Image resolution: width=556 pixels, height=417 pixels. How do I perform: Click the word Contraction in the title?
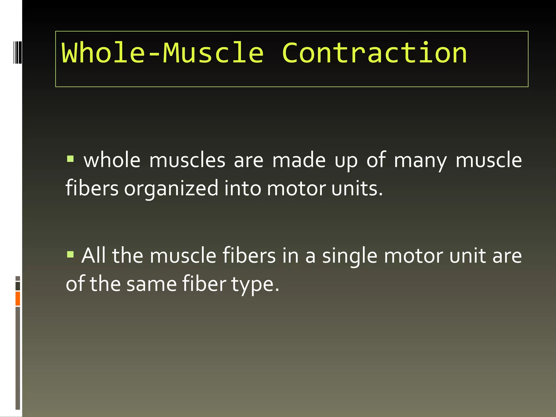374,53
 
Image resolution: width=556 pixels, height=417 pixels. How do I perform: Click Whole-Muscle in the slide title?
163,53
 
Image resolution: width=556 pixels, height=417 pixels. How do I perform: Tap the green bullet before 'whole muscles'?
70,159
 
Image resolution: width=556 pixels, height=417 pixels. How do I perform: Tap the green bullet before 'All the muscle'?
70,254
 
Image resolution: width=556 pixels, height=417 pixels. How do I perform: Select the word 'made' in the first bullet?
299,160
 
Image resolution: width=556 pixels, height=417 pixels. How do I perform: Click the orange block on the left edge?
18,298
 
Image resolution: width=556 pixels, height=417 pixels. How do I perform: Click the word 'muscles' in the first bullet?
187,160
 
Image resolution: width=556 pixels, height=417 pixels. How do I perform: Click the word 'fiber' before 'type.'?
204,284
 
